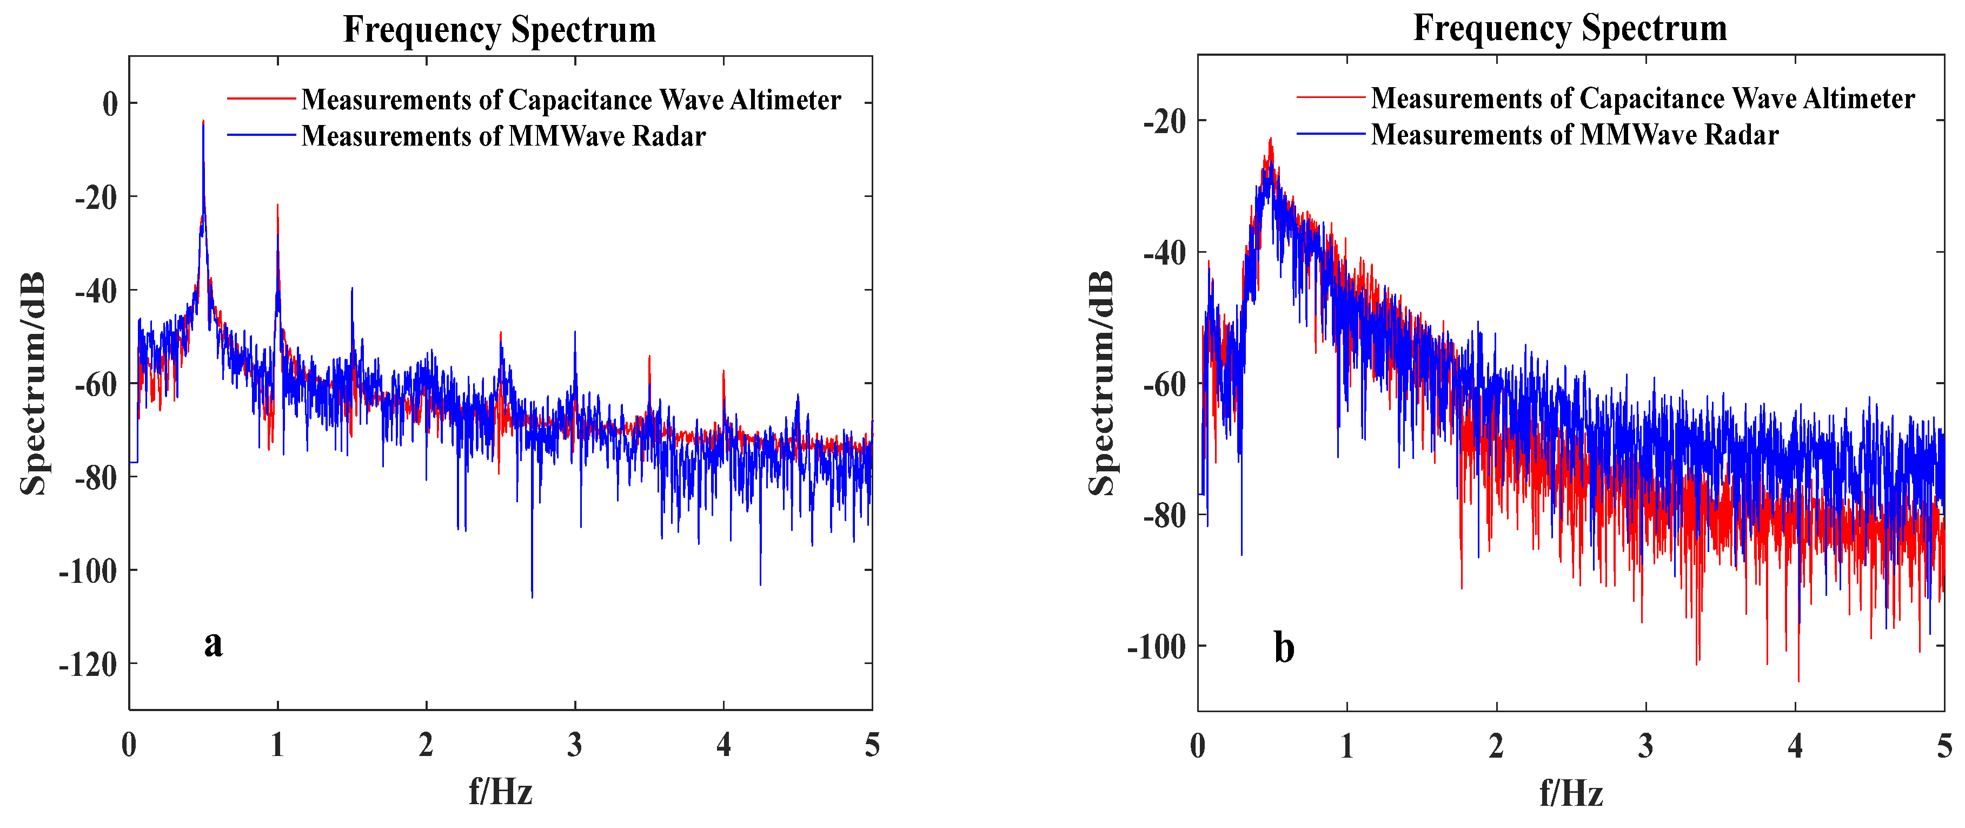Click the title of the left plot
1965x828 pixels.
pos(500,30)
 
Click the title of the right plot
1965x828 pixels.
pos(1570,28)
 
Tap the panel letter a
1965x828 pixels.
pos(214,643)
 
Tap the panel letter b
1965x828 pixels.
pos(1285,648)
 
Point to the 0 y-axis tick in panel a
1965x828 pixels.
pos(111,104)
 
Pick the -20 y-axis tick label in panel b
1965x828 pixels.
pos(1165,121)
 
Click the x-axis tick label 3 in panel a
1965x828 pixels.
pos(574,745)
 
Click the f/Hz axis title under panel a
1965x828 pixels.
pos(500,791)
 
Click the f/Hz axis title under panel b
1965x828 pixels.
pos(1571,793)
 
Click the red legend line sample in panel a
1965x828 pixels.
pos(261,99)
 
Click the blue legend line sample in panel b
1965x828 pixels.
pos(1330,134)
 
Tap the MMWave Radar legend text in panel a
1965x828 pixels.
pos(503,136)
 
